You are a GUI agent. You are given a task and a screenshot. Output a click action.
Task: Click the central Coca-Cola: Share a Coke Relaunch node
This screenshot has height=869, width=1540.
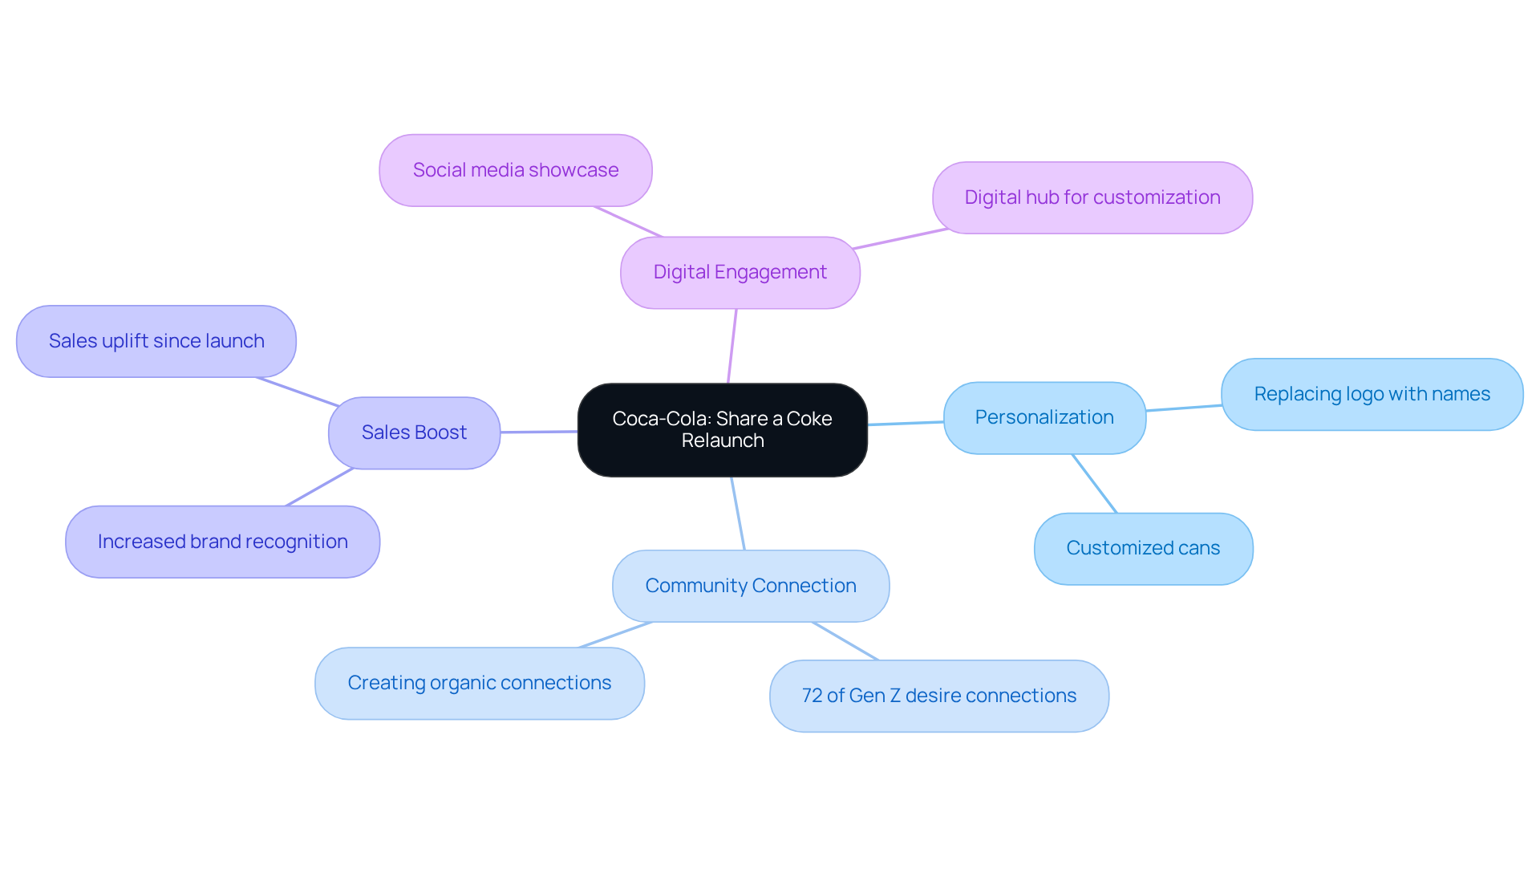coord(722,430)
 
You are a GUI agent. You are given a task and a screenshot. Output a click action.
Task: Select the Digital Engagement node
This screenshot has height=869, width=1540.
coord(740,273)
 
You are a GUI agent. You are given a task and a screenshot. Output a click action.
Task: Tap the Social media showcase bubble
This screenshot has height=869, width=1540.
coord(515,170)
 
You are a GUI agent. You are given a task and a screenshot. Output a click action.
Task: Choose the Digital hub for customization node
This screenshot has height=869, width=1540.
coord(1092,197)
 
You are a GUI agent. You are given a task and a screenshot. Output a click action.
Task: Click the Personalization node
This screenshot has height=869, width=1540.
coord(1044,417)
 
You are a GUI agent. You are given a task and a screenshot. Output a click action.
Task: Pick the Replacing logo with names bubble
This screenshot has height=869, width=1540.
coord(1372,394)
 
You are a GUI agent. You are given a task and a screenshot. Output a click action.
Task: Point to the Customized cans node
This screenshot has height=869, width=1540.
coord(1143,549)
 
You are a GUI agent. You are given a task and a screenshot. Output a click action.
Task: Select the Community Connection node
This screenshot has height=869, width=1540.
coord(750,586)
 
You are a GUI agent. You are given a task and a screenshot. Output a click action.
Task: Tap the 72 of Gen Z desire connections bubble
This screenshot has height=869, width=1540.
coord(938,696)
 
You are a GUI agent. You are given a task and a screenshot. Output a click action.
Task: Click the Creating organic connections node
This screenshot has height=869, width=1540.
coord(479,683)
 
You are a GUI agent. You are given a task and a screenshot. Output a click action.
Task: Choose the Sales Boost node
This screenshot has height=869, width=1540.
coord(414,432)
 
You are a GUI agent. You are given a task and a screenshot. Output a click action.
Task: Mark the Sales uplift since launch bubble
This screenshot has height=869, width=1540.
coord(156,341)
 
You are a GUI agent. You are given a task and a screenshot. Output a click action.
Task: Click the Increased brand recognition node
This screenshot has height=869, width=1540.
coord(222,542)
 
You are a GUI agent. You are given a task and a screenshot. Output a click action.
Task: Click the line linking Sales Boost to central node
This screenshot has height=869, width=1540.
coord(539,432)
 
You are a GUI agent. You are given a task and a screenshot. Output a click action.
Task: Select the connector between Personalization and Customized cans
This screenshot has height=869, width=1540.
coord(1094,483)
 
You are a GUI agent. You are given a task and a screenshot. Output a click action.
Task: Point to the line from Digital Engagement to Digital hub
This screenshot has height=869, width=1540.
coord(900,239)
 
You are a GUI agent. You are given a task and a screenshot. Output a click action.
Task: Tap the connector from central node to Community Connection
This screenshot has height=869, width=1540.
coord(738,514)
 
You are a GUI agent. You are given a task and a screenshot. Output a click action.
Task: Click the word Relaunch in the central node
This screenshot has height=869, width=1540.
coord(722,441)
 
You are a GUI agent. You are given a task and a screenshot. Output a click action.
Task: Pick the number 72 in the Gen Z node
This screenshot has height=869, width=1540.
coord(812,696)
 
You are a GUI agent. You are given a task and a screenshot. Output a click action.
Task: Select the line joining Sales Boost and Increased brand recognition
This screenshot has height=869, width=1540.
coord(319,487)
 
